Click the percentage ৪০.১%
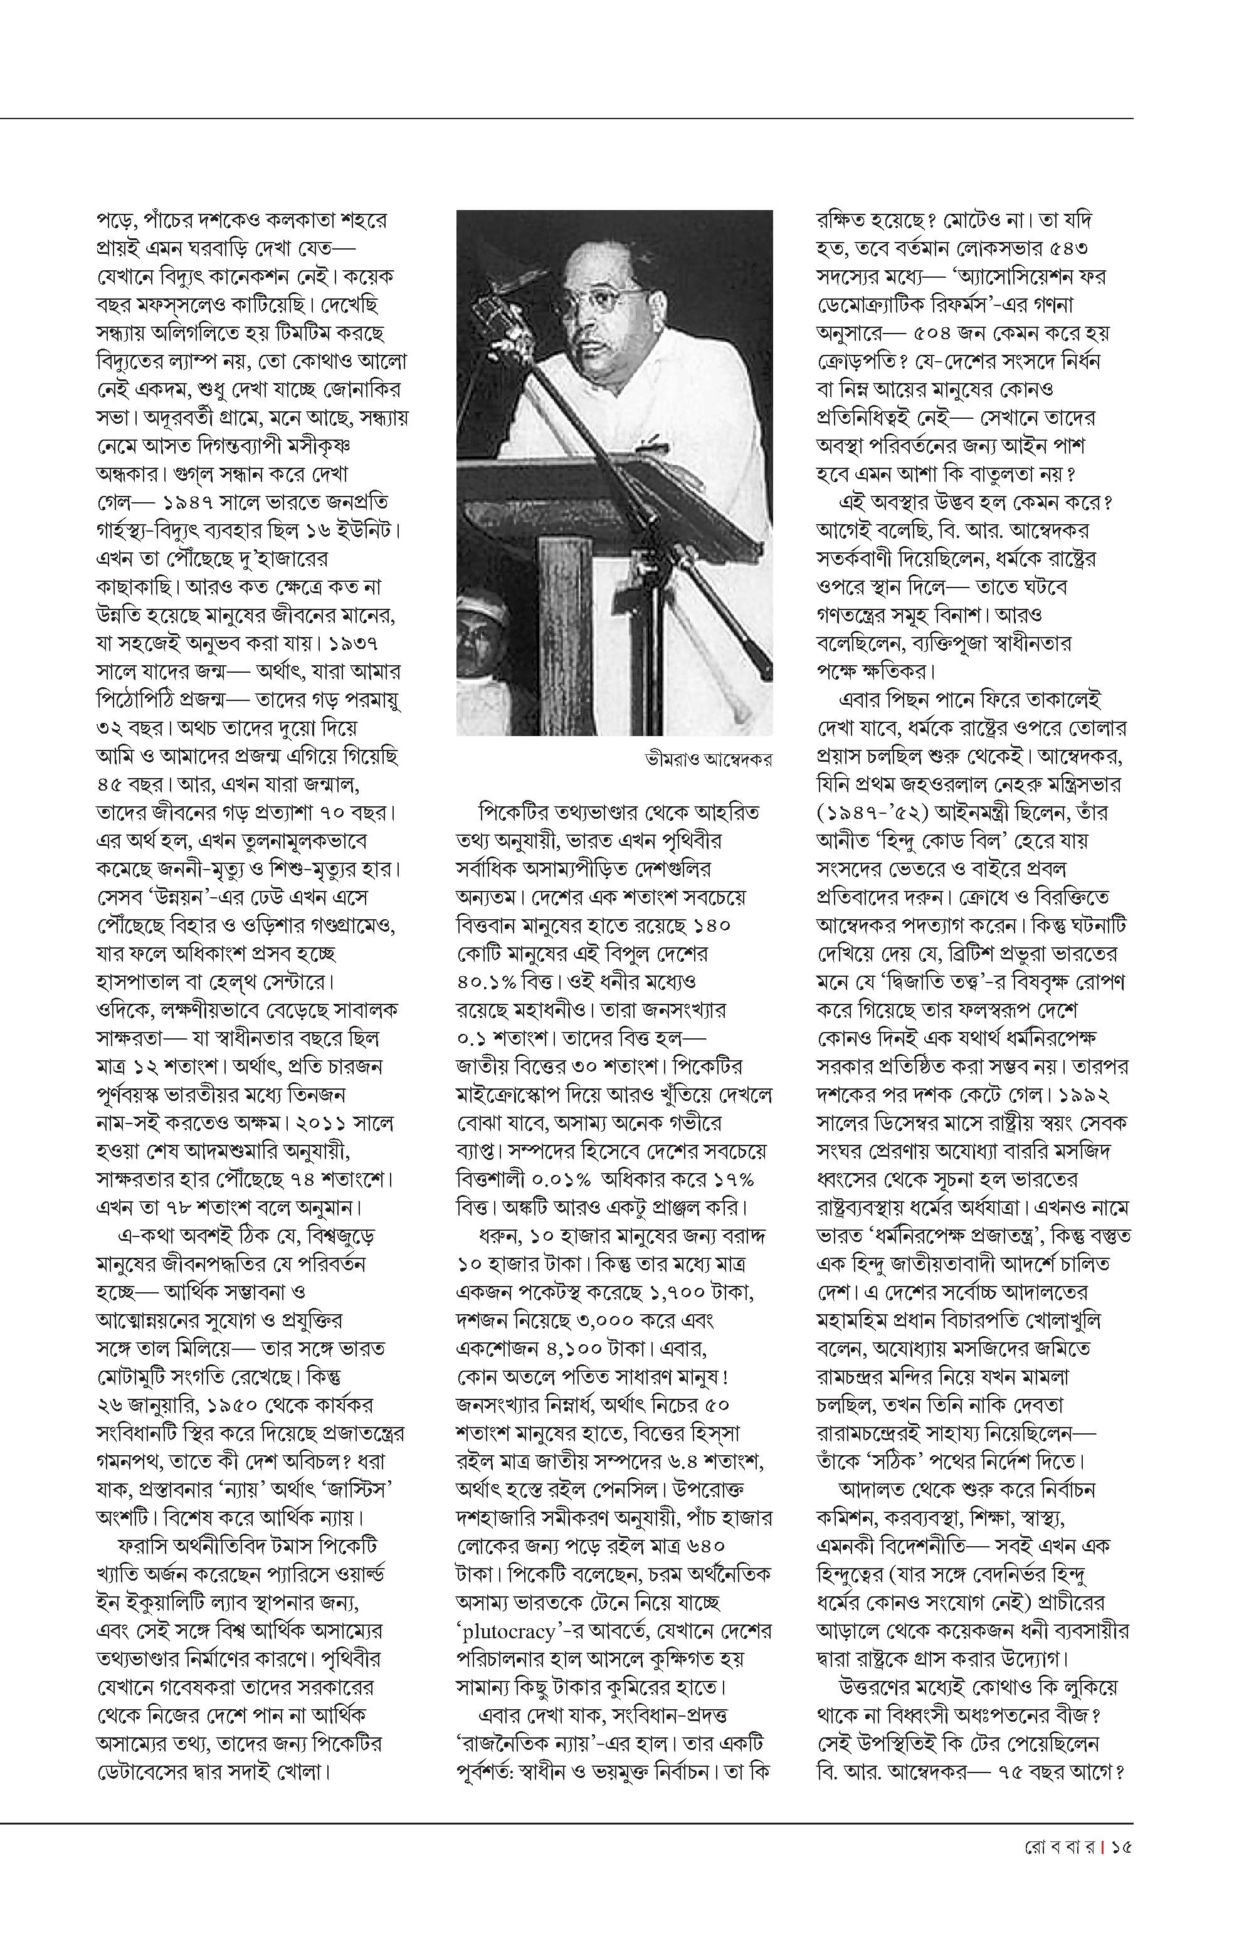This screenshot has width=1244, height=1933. [484, 982]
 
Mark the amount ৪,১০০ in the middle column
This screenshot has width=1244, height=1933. [572, 1350]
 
